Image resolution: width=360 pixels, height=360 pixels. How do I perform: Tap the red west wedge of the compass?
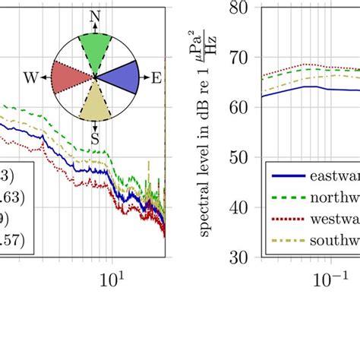(70, 77)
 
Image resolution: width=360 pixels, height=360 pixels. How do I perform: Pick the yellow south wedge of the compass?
(95, 103)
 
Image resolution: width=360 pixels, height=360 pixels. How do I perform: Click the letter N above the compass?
(94, 17)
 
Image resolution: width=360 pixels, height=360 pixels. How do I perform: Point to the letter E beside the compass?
(156, 77)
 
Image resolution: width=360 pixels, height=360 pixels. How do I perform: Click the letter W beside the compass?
(31, 77)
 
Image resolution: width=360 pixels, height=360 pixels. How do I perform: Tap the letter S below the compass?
(95, 138)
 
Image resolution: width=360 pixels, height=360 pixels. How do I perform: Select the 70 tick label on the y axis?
(244, 58)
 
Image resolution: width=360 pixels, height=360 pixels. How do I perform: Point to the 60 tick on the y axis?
(244, 108)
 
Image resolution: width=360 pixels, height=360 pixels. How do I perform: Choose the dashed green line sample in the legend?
(289, 197)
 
